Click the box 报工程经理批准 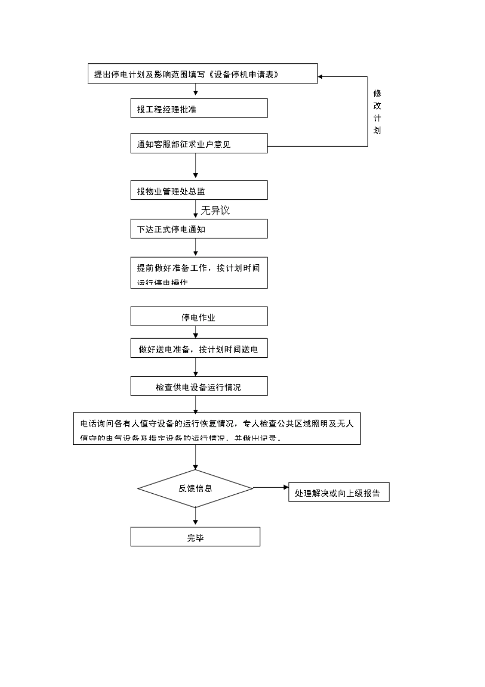point(199,108)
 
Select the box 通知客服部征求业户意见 point(199,144)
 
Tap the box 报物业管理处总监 point(199,191)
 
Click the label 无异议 point(215,210)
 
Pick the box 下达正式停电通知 point(199,229)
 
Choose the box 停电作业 point(199,316)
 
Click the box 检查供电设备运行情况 point(199,386)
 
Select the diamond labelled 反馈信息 point(196,489)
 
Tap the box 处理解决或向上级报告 point(338,492)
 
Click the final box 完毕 point(195,537)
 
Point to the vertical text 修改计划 point(377,111)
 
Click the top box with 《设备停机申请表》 point(202,74)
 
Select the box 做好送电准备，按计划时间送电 point(199,349)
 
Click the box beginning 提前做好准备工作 point(199,273)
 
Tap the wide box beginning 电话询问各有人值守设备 point(216,428)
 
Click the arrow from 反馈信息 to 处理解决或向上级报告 point(271,488)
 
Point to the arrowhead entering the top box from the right point(321,77)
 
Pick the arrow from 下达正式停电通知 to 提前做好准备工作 point(196,247)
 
